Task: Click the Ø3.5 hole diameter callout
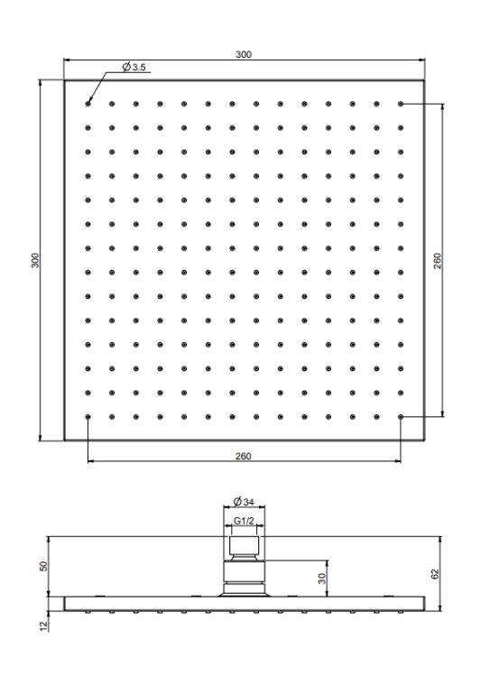[x=134, y=67]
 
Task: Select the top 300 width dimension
[x=244, y=54]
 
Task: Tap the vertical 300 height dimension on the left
[x=35, y=260]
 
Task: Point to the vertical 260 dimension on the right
[x=438, y=261]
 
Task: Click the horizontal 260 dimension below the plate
[x=243, y=456]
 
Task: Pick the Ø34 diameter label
[x=244, y=502]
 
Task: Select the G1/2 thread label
[x=244, y=521]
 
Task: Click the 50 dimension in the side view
[x=43, y=566]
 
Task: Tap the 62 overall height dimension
[x=435, y=574]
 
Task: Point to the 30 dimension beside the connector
[x=322, y=579]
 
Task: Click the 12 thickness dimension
[x=43, y=626]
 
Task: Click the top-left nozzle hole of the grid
[x=88, y=104]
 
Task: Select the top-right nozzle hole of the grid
[x=401, y=104]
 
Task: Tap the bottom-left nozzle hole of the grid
[x=88, y=417]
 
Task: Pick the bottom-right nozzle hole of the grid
[x=401, y=417]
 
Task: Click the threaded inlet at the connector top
[x=245, y=545]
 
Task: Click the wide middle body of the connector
[x=244, y=571]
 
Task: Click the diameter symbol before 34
[x=237, y=502]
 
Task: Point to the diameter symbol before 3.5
[x=126, y=67]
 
